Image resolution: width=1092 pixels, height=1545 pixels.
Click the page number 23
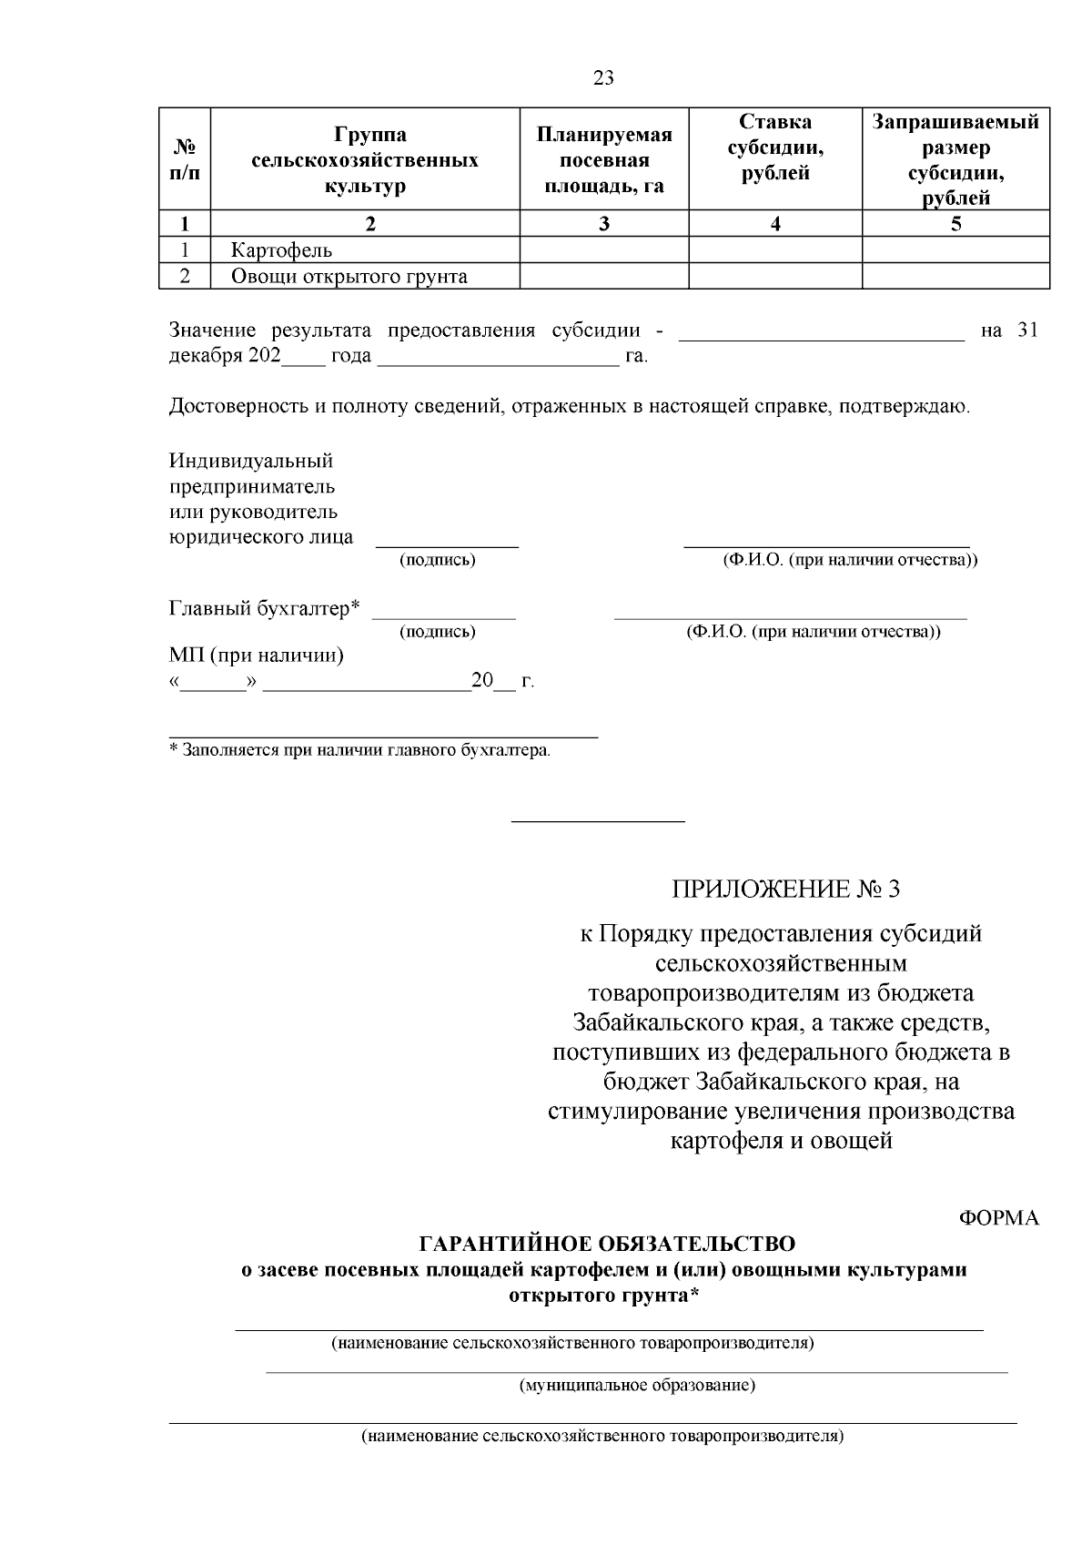click(603, 77)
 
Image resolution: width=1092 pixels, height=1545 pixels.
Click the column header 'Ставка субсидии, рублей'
click(775, 147)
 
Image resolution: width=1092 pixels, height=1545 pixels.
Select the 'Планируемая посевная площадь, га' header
click(603, 160)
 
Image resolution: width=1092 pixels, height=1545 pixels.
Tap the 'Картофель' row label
click(281, 250)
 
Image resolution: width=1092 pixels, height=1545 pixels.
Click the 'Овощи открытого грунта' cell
click(349, 277)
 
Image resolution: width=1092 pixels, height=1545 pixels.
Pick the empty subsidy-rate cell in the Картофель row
click(775, 250)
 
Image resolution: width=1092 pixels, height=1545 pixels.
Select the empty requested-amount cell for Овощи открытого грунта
click(955, 277)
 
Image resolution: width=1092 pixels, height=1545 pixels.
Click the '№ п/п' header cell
click(185, 159)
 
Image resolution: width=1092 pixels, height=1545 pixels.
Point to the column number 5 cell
click(955, 224)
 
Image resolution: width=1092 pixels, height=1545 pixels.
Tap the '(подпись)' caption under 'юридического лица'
click(438, 561)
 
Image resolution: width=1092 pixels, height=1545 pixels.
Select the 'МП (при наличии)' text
click(257, 655)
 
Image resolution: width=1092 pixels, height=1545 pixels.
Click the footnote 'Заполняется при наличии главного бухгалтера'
click(364, 751)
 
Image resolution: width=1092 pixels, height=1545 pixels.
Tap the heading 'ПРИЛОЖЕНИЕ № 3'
click(784, 889)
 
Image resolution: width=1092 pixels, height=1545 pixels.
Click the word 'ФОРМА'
click(999, 1218)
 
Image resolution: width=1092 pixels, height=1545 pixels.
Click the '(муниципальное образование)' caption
click(637, 1386)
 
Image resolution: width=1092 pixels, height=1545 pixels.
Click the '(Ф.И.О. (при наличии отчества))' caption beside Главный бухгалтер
click(813, 632)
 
